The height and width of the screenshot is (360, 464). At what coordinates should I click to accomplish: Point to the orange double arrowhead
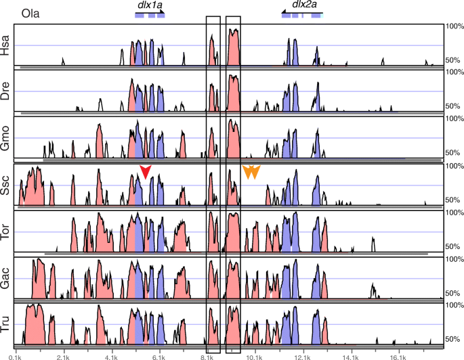pos(251,172)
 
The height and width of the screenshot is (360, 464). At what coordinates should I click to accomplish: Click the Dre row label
pos(7,93)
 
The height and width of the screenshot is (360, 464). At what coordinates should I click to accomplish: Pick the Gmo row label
pos(7,139)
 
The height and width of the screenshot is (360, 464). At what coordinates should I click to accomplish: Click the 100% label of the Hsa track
pos(453,26)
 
